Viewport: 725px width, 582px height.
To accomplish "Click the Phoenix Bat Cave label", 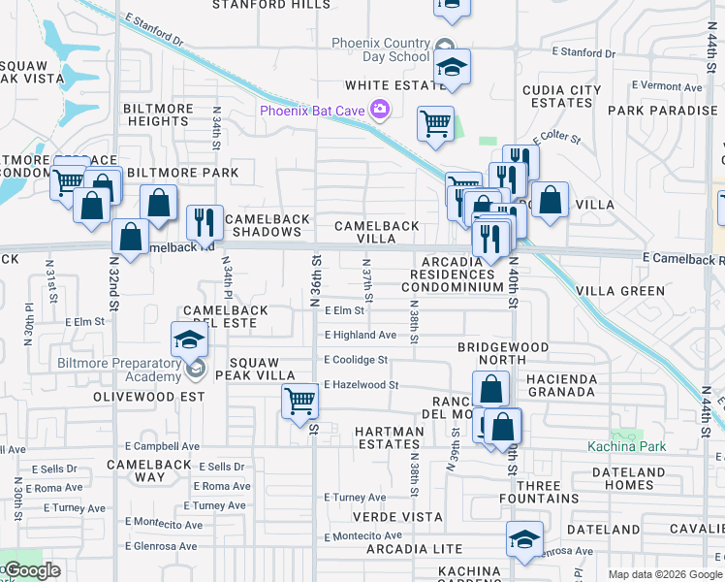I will pyautogui.click(x=312, y=111).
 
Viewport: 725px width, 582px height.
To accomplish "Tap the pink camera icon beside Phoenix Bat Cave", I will pyautogui.click(x=379, y=111).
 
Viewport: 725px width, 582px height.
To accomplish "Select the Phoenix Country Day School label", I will pyautogui.click(x=380, y=49).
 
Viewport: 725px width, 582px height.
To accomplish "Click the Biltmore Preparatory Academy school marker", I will pyautogui.click(x=189, y=341).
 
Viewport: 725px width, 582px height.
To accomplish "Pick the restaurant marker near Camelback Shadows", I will pyautogui.click(x=205, y=222).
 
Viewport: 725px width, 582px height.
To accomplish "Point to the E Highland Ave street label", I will pyautogui.click(x=361, y=335).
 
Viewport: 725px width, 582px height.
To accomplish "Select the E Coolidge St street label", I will pyautogui.click(x=356, y=359).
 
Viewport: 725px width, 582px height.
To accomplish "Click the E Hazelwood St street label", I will pyautogui.click(x=361, y=384).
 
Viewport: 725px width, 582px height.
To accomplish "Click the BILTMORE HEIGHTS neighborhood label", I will pyautogui.click(x=157, y=114).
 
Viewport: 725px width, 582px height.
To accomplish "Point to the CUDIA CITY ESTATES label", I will pyautogui.click(x=562, y=96).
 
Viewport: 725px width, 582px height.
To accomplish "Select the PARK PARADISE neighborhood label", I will pyautogui.click(x=662, y=111).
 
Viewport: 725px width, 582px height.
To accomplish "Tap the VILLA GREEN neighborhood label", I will pyautogui.click(x=620, y=291).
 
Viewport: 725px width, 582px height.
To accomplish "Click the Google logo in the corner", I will pyautogui.click(x=31, y=570).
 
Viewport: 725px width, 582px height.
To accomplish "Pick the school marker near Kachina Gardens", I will pyautogui.click(x=524, y=539).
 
